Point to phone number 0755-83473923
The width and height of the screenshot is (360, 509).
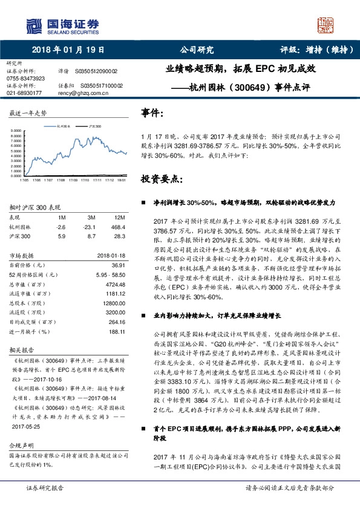[x=25, y=79]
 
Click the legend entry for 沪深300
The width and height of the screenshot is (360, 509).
[x=95, y=127]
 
